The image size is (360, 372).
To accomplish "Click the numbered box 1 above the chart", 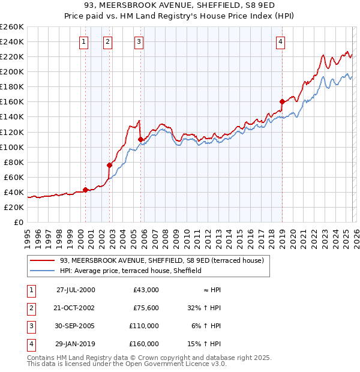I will [83, 41].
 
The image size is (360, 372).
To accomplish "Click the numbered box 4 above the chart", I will [280, 41].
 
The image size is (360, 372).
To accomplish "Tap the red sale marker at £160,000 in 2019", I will [282, 101].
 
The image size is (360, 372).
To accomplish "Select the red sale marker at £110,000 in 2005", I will [141, 139].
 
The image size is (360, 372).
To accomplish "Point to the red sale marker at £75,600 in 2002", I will [110, 165].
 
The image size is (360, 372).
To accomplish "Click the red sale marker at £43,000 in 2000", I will [85, 190].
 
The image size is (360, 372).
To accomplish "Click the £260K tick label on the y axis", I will [11, 27].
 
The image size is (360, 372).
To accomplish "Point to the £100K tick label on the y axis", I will [11, 147].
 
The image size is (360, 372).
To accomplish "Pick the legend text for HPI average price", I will [131, 271].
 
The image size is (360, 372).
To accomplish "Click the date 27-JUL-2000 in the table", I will [76, 290].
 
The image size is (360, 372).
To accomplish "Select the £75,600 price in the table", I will [146, 308].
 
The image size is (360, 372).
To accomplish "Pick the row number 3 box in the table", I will [31, 326].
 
